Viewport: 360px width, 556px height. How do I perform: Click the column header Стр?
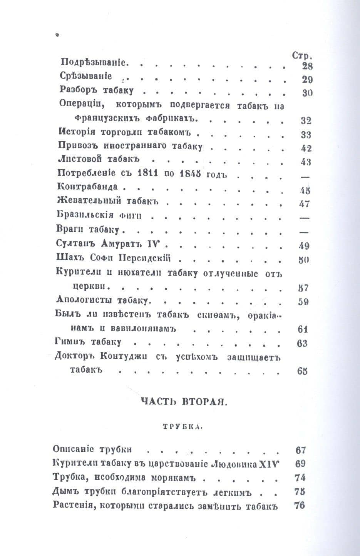click(302, 55)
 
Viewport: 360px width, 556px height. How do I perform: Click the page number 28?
click(307, 66)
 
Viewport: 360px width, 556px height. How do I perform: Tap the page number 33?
click(306, 135)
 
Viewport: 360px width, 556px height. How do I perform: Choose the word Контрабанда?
click(87, 187)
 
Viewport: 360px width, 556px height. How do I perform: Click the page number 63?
click(303, 343)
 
